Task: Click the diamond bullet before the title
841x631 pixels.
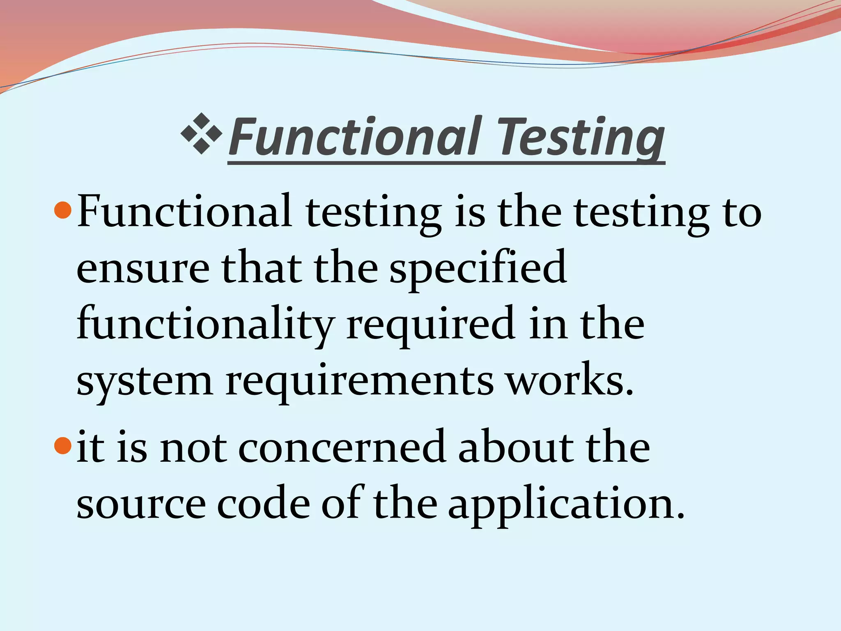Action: click(x=201, y=134)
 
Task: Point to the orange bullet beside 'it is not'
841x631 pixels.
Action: click(x=63, y=446)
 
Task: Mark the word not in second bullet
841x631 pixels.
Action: click(x=193, y=448)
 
